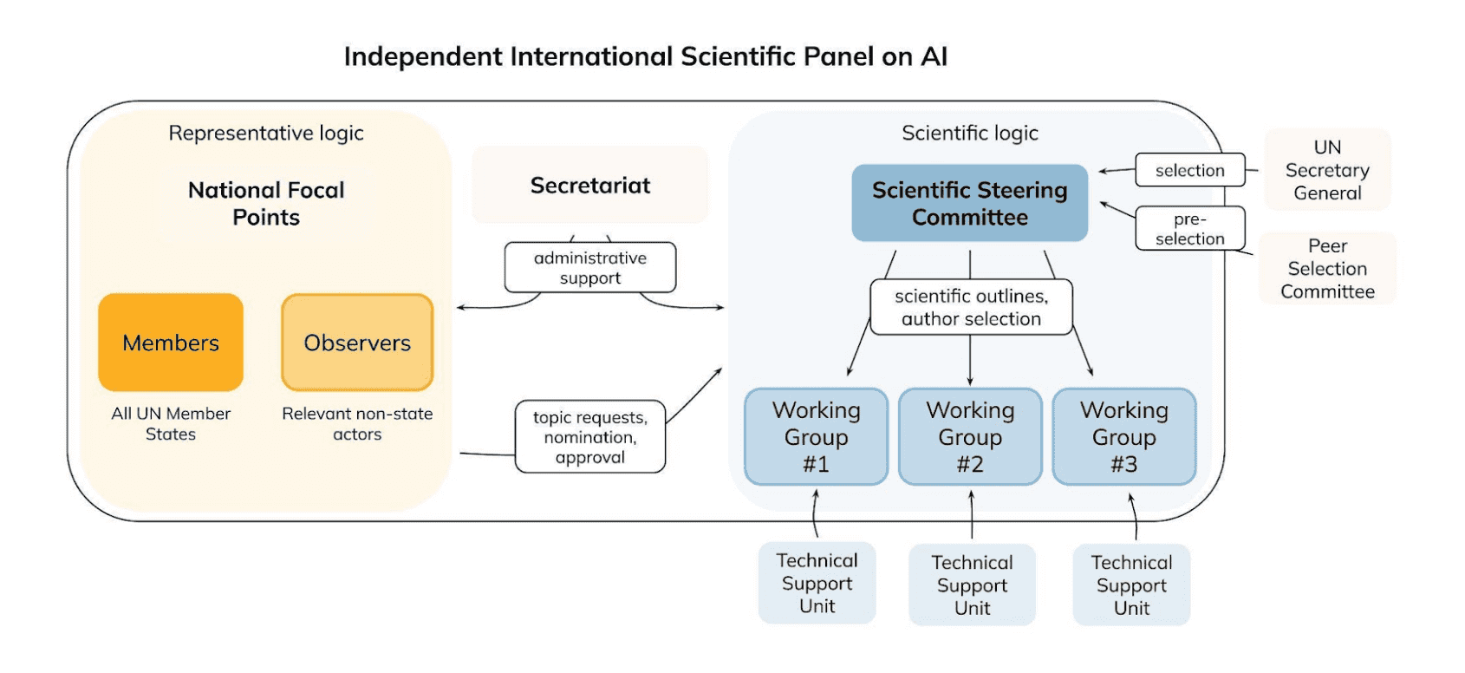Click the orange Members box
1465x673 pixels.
(171, 342)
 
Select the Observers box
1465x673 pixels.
(357, 342)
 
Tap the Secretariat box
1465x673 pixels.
(590, 185)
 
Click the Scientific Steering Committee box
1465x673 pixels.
(969, 203)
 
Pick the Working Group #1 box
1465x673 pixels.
(817, 436)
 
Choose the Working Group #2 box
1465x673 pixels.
(970, 436)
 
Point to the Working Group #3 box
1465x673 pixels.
(1124, 436)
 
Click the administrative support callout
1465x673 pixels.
(590, 267)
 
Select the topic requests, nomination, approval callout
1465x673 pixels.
(590, 436)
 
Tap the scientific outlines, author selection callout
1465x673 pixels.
(971, 307)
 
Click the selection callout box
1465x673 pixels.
(1189, 170)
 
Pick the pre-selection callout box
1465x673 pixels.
(1189, 228)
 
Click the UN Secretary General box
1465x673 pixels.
(1327, 170)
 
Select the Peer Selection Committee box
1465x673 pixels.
(1327, 268)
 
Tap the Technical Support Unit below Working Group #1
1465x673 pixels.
(817, 583)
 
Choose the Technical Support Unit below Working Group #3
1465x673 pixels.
(1131, 585)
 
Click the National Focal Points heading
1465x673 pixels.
(265, 204)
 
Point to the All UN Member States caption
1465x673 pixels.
(171, 424)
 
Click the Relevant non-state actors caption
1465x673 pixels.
(357, 424)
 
